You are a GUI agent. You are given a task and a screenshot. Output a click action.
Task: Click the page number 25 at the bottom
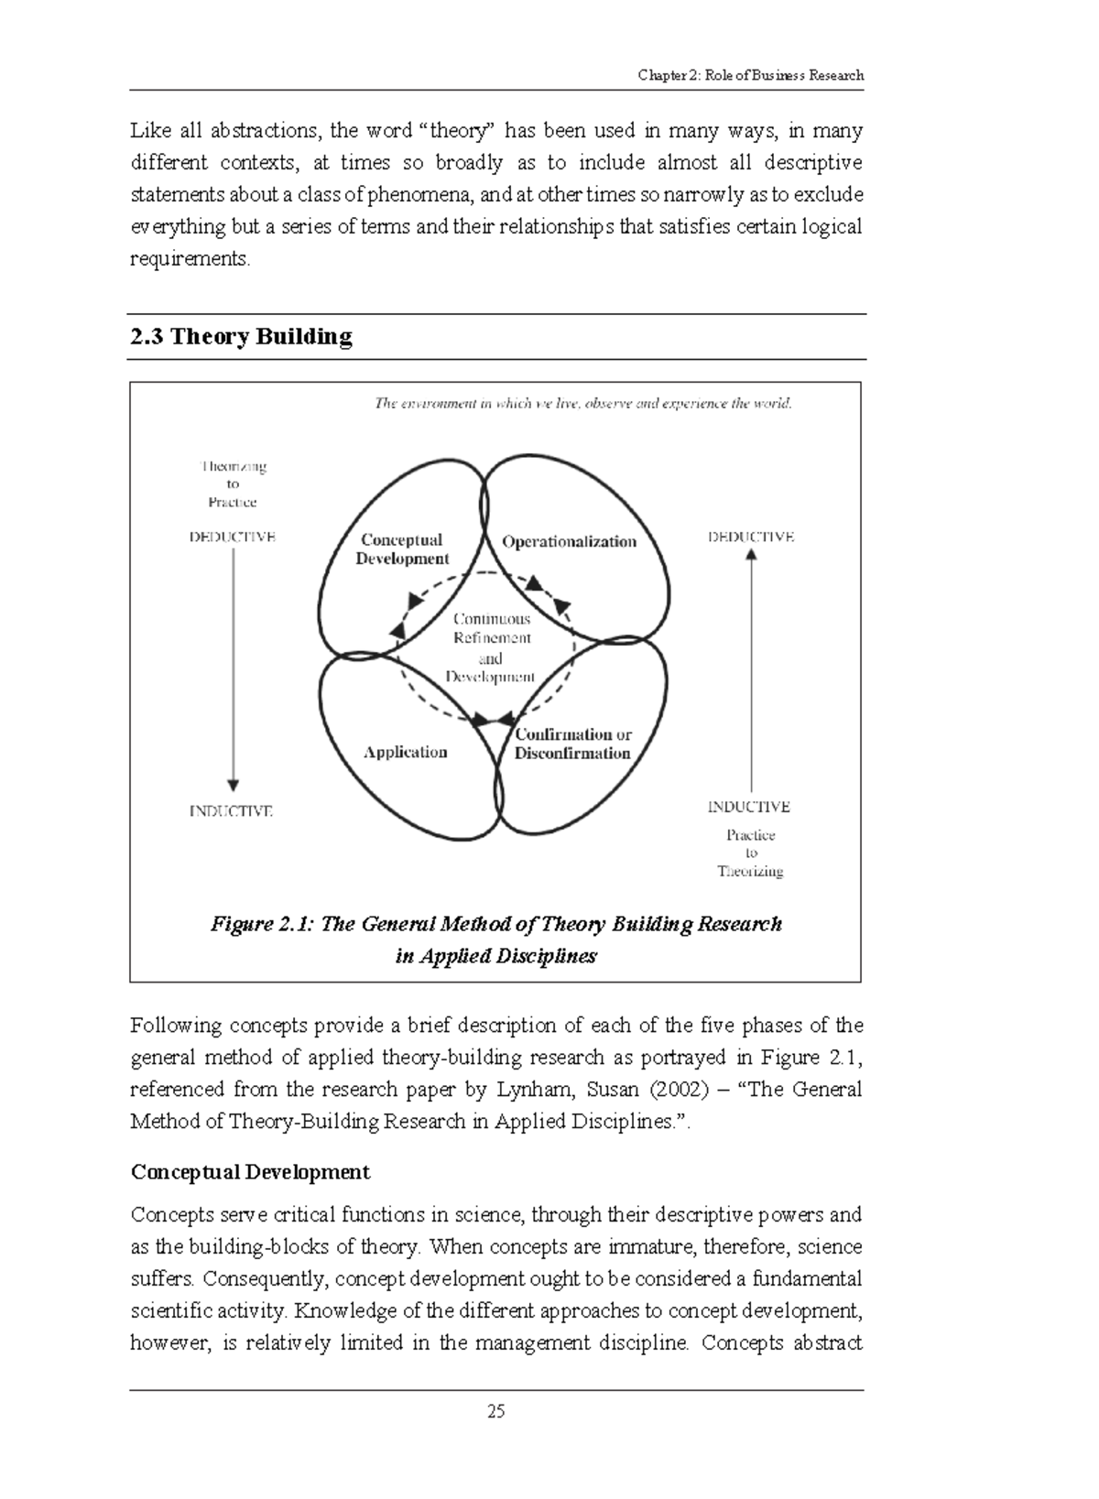495,1411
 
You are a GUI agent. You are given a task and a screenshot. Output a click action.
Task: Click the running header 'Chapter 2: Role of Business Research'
750,75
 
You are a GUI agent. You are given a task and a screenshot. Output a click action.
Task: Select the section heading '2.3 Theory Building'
241,337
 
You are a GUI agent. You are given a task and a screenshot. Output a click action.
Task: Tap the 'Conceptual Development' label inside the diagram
402,549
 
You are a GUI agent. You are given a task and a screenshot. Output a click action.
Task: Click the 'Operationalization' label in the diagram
569,541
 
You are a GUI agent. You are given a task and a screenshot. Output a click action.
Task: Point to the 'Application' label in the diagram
405,752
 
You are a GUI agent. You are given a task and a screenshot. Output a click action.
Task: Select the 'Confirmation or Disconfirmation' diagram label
572,744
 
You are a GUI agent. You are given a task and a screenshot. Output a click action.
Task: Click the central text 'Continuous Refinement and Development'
492,647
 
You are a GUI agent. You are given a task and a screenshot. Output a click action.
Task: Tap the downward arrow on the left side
233,668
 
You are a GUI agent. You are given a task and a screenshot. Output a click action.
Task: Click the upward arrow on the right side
751,668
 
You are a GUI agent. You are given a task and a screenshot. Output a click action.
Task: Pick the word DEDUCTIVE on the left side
233,538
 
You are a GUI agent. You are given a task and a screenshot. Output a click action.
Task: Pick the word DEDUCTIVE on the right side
751,538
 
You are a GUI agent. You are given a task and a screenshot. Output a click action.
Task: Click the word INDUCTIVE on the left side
231,811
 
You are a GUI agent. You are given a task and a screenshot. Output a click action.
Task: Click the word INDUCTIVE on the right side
748,807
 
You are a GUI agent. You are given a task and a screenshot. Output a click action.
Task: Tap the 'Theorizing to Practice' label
233,483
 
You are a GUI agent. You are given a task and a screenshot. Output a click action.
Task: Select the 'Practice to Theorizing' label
750,853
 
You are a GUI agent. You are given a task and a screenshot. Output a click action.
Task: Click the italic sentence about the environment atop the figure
582,403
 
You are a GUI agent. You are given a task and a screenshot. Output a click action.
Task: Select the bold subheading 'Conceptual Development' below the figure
250,1172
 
